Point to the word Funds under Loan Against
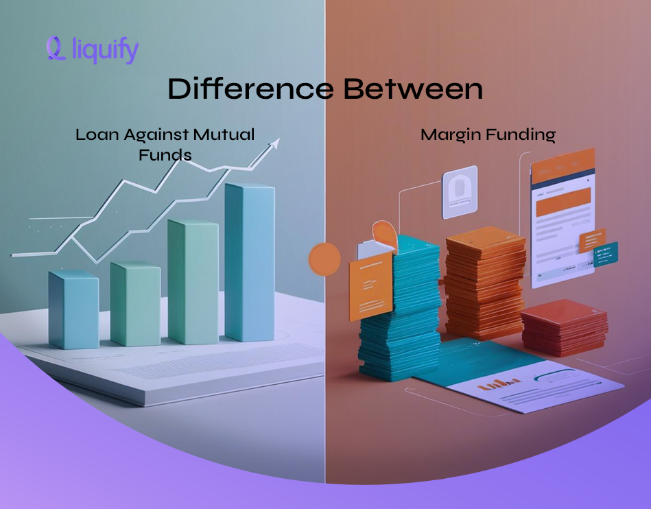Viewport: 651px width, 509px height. (165, 154)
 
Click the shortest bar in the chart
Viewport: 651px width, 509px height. (73, 309)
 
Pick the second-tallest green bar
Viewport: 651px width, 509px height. (193, 281)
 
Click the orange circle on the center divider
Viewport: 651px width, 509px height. (324, 259)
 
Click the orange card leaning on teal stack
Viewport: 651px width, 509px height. (370, 288)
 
